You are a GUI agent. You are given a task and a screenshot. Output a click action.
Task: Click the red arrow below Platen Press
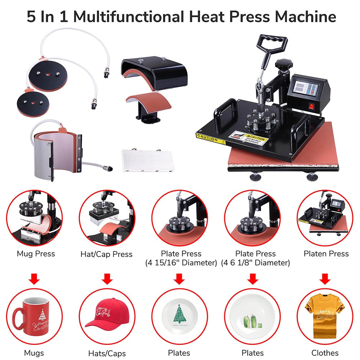pyautogui.click(x=325, y=278)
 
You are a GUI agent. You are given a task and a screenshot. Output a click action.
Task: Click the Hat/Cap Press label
pyautogui.click(x=106, y=254)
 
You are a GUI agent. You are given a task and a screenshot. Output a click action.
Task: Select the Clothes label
pyautogui.click(x=325, y=353)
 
